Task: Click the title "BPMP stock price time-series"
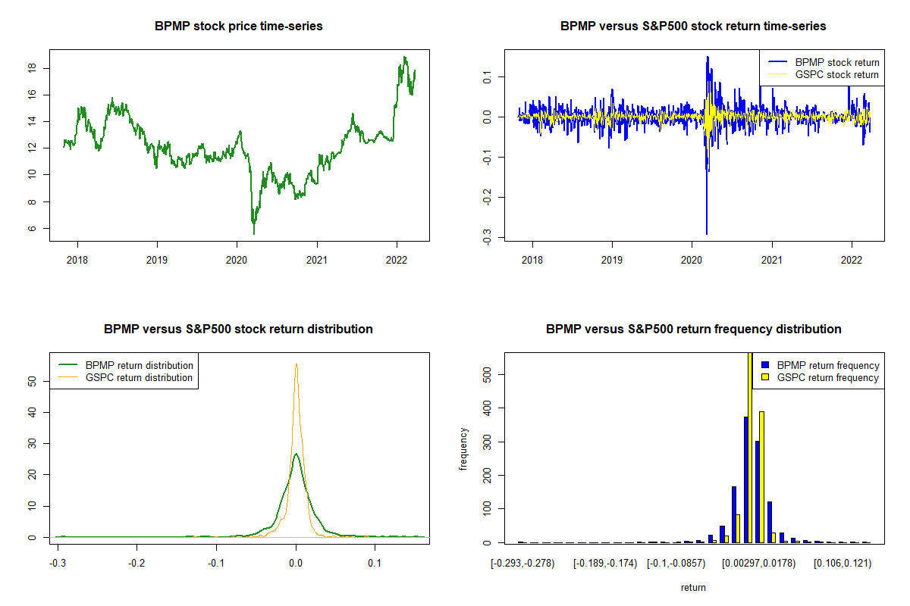[239, 27]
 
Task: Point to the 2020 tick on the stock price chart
[237, 256]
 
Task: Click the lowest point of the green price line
[254, 233]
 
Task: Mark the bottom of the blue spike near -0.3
[706, 234]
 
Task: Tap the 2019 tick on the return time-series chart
[612, 256]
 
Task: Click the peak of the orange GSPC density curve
[296, 364]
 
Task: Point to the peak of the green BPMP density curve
[296, 454]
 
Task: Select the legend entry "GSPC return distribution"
[139, 377]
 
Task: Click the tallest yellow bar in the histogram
[750, 447]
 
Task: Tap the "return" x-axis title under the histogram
[693, 587]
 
